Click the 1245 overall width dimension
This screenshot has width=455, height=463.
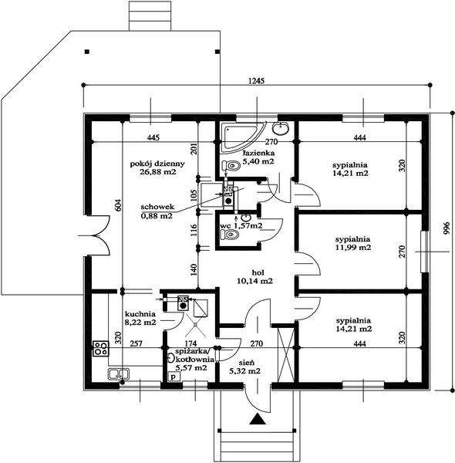click(256, 80)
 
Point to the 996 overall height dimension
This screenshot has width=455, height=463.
click(447, 228)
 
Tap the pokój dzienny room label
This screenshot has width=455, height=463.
click(157, 167)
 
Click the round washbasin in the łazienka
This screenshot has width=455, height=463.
click(280, 128)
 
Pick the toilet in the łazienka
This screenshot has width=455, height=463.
click(231, 166)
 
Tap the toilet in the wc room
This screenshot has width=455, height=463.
click(229, 235)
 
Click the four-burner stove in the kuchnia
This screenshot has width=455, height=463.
click(100, 348)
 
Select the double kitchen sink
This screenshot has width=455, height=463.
click(118, 373)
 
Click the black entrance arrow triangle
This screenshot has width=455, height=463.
click(258, 419)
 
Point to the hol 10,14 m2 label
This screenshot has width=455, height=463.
click(255, 277)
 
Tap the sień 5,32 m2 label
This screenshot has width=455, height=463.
click(245, 367)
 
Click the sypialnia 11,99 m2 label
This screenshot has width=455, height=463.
click(353, 243)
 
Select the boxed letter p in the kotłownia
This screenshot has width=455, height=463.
click(174, 377)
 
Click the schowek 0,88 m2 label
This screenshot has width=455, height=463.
click(157, 211)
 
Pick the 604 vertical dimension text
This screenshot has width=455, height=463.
click(118, 205)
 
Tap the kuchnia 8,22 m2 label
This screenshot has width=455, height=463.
click(140, 318)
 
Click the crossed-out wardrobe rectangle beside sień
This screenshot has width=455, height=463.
click(286, 355)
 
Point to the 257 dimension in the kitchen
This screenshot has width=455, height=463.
click(136, 343)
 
